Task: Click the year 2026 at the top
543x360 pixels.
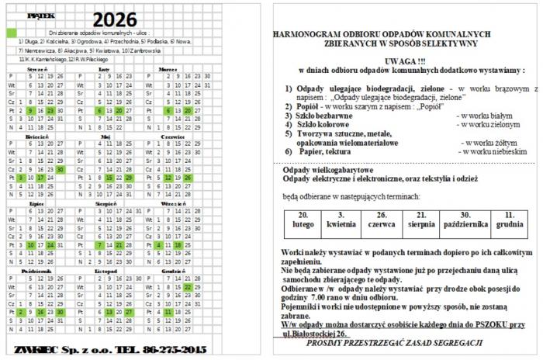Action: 116,19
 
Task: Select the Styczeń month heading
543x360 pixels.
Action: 39,69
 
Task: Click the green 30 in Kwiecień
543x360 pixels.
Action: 60,168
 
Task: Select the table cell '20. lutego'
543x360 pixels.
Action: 304,219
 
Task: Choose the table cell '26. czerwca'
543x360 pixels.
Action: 381,219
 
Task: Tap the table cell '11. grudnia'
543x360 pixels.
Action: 509,219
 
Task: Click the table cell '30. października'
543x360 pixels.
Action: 465,219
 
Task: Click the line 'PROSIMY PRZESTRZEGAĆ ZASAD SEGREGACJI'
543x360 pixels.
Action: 394,342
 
